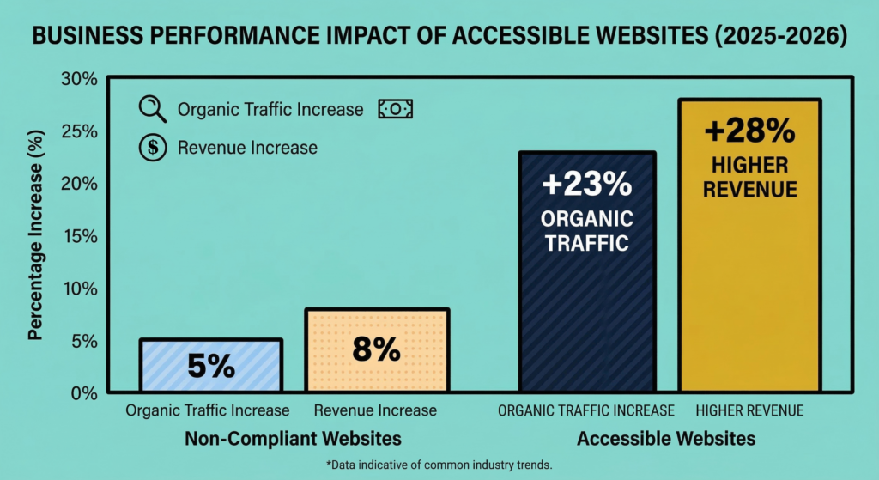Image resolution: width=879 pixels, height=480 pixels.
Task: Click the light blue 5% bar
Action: click(211, 366)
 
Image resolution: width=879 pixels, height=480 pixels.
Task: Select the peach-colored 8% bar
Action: click(376, 350)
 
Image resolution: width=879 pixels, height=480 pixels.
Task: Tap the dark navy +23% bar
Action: click(587, 272)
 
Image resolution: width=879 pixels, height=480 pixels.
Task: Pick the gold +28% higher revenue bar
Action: click(749, 246)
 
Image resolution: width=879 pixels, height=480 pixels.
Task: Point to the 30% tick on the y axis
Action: click(78, 79)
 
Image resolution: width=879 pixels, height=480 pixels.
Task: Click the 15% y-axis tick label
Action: click(78, 236)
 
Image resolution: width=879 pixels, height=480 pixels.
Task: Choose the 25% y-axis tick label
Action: click(78, 131)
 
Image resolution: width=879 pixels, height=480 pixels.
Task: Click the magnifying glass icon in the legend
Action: click(153, 109)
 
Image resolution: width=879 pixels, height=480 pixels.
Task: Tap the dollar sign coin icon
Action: click(153, 148)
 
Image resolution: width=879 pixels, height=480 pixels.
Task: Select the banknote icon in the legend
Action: click(396, 109)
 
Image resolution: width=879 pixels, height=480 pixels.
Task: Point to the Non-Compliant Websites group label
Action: click(293, 439)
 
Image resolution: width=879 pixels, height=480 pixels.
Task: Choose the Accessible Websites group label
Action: click(666, 439)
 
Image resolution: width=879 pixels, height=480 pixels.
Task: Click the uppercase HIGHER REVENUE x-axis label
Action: click(749, 410)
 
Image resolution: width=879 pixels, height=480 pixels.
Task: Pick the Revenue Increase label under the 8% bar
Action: click(375, 410)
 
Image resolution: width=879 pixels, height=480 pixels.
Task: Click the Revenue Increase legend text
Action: click(247, 148)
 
